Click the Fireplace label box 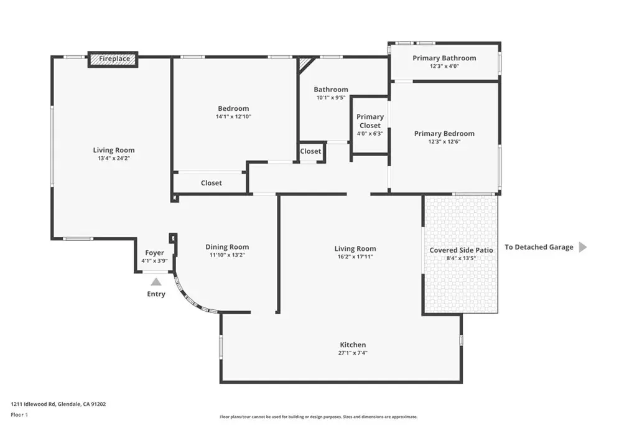113,59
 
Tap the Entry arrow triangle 156,282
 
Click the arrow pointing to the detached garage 582,247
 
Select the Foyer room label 154,253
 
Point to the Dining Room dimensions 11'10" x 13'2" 227,255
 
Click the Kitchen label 353,345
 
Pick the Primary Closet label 370,121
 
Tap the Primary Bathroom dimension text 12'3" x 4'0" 444,66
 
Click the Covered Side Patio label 461,250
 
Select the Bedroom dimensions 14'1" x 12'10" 233,116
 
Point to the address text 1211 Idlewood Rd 34,404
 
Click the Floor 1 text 19,415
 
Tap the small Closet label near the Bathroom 310,151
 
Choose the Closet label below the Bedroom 212,183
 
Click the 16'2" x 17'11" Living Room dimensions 355,257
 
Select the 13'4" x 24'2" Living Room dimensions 114,159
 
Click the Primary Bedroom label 444,133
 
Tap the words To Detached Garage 539,247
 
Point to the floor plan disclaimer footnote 318,417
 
